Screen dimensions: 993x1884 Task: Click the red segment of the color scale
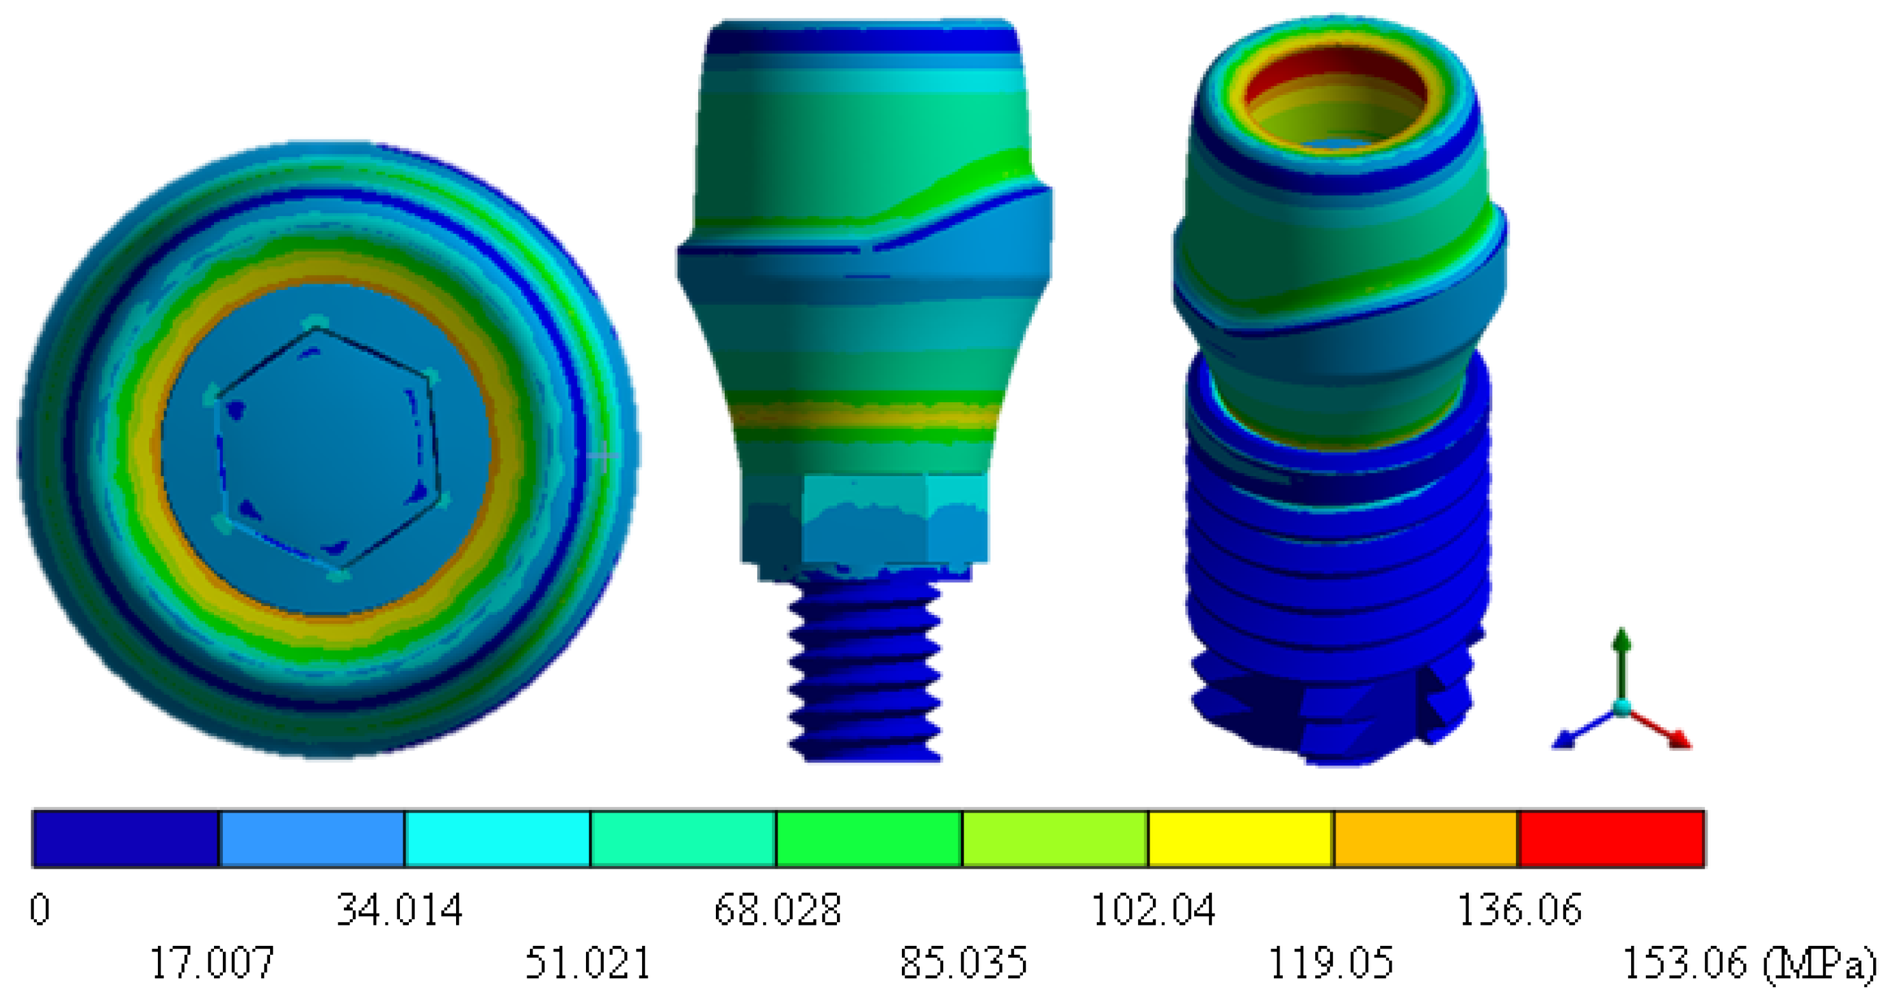tap(1612, 839)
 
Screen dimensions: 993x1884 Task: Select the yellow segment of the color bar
tap(1241, 839)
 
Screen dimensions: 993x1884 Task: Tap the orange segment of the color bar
tap(1426, 839)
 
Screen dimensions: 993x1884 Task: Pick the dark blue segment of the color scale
tap(126, 839)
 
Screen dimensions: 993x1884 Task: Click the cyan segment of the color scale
tap(497, 839)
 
